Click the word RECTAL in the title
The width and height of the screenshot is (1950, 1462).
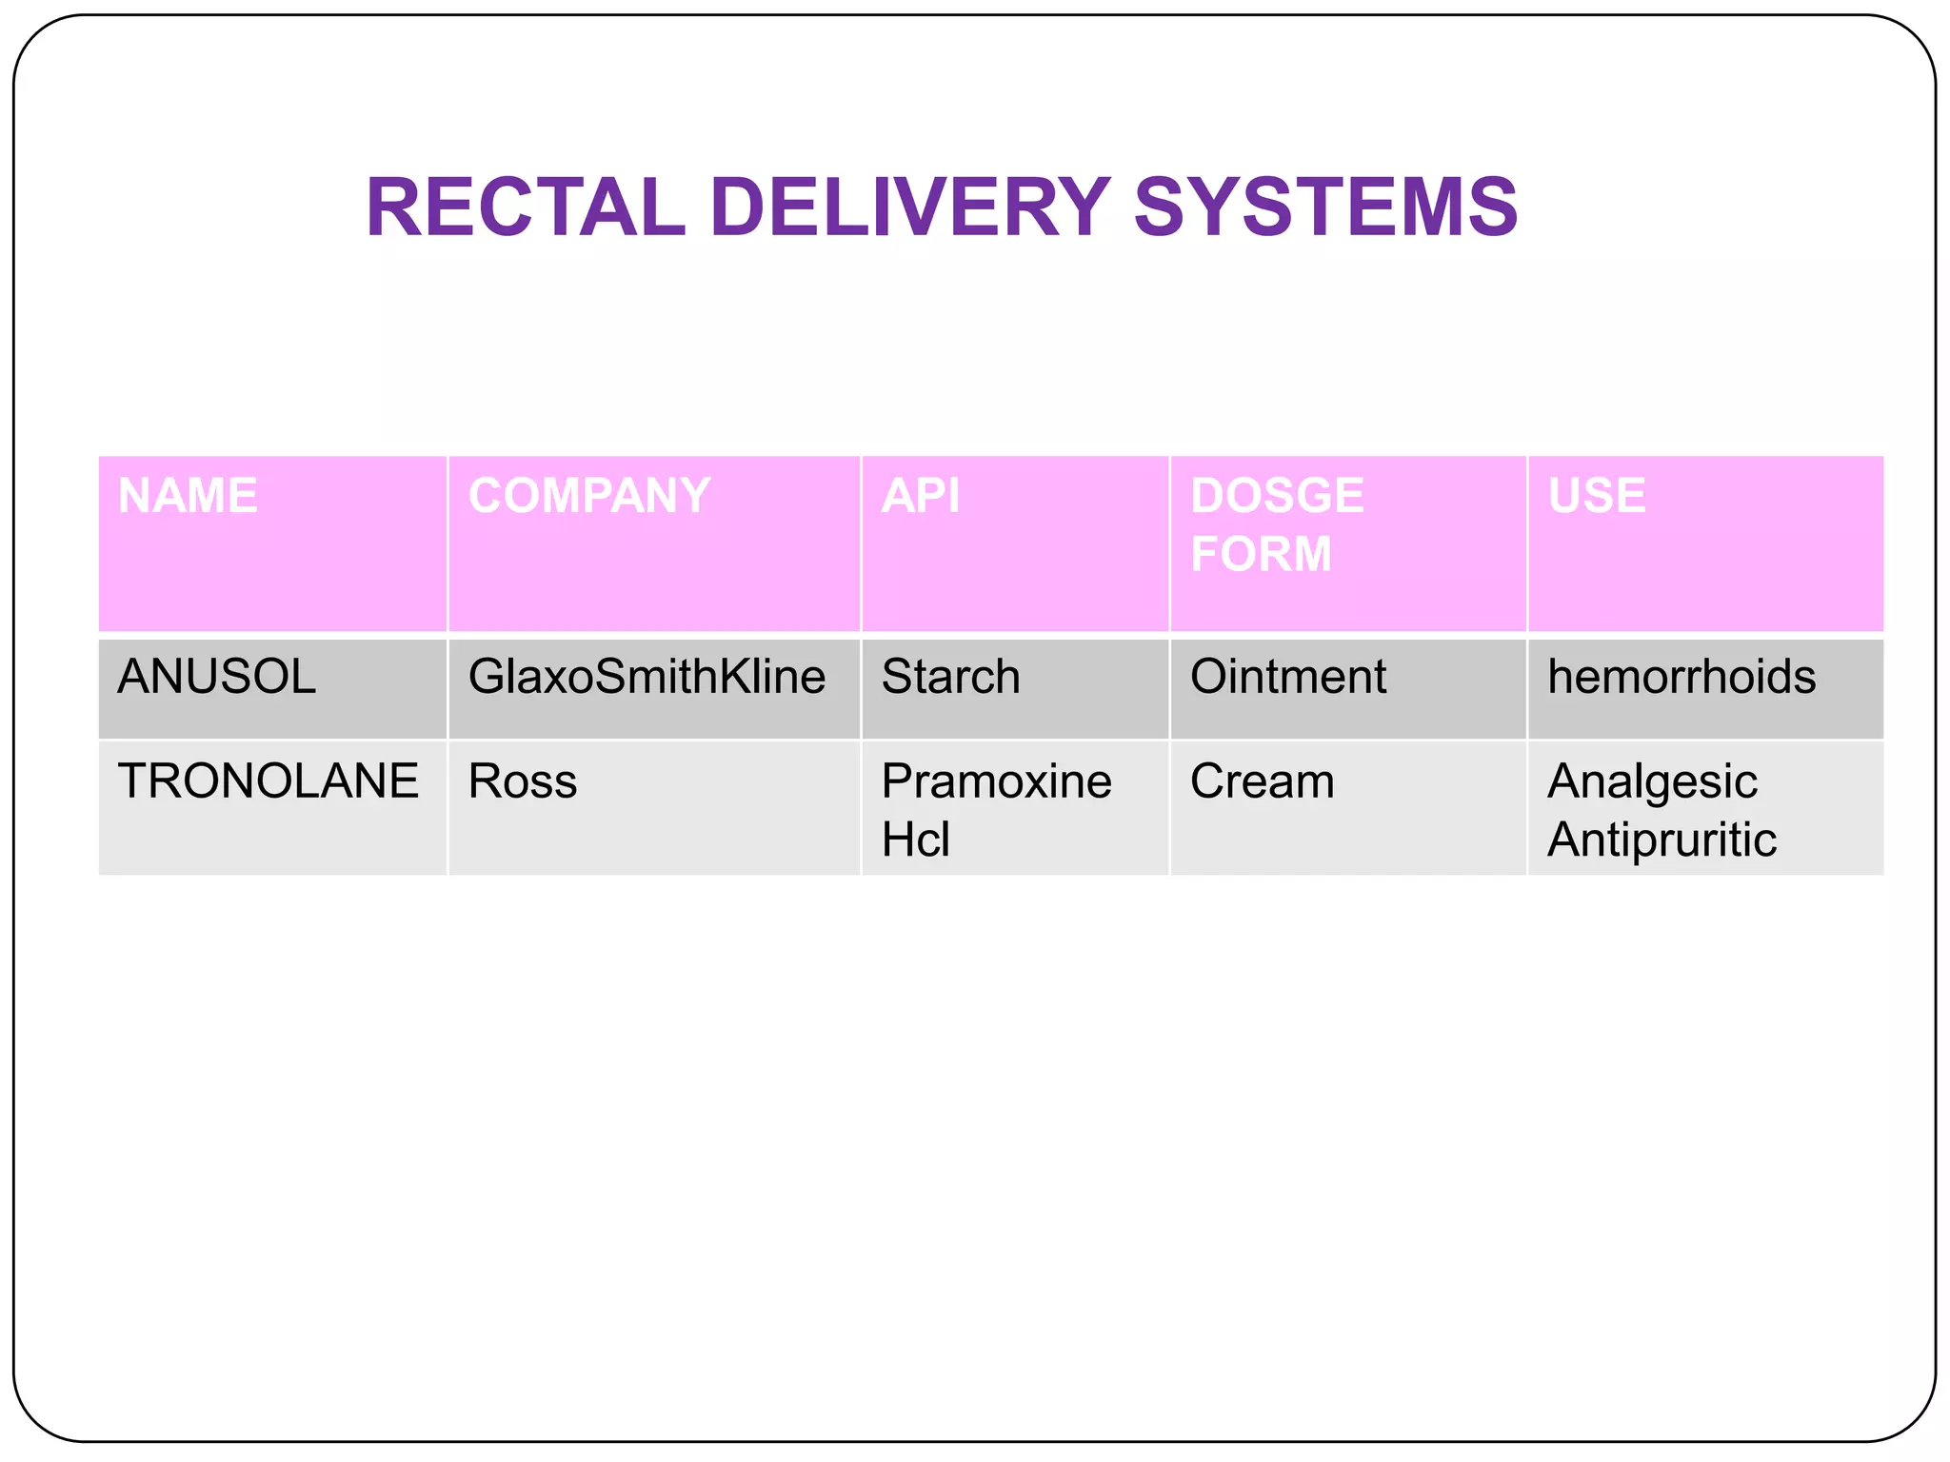click(x=525, y=207)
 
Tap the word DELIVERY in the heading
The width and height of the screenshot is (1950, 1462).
click(x=909, y=207)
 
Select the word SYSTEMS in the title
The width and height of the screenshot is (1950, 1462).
click(x=1325, y=207)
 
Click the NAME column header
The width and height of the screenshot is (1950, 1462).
click(x=188, y=496)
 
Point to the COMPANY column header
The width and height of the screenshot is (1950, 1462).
click(x=589, y=496)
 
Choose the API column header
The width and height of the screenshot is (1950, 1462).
click(x=921, y=496)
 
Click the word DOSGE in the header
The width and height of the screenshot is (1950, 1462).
click(x=1277, y=496)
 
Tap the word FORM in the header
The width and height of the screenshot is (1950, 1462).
click(x=1261, y=554)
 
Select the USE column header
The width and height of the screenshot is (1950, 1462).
click(x=1597, y=496)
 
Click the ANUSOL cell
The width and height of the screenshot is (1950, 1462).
click(x=216, y=677)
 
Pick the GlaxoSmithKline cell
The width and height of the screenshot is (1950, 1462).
click(x=647, y=677)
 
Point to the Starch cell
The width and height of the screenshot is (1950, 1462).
click(x=950, y=677)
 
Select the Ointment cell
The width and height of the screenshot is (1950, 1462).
click(x=1287, y=677)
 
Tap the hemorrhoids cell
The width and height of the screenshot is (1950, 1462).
click(x=1681, y=677)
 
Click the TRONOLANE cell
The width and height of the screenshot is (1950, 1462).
click(x=268, y=781)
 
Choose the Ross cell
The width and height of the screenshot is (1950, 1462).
click(x=523, y=781)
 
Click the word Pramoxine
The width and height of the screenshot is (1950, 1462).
click(x=996, y=781)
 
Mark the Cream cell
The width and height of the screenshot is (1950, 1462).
click(x=1262, y=781)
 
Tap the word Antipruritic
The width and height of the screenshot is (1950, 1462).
click(x=1661, y=840)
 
